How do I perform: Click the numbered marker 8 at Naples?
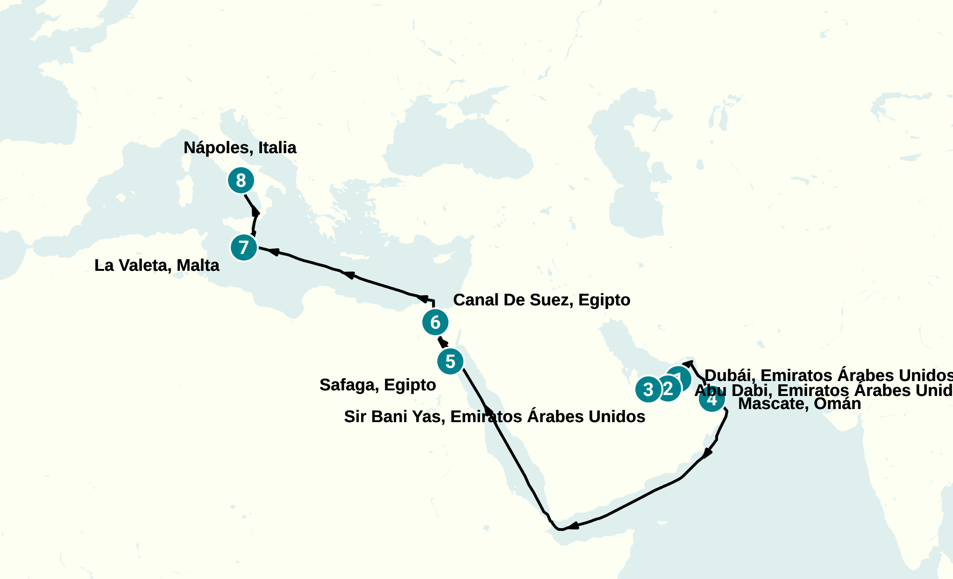coord(241,180)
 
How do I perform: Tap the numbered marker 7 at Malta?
coord(244,247)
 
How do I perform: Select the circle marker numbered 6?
coord(435,322)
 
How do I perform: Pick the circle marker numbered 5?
coord(450,361)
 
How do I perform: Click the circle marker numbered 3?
coord(648,389)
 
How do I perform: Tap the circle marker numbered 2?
coord(669,388)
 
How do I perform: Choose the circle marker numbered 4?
coord(712,400)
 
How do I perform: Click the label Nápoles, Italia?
coord(240,148)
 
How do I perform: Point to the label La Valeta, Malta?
coord(156,265)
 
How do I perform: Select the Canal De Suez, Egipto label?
coord(541,300)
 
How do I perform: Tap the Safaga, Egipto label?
coord(377,385)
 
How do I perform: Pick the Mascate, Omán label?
coord(799,403)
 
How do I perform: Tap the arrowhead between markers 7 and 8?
coord(256,212)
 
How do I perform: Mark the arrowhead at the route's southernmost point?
coord(573,526)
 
